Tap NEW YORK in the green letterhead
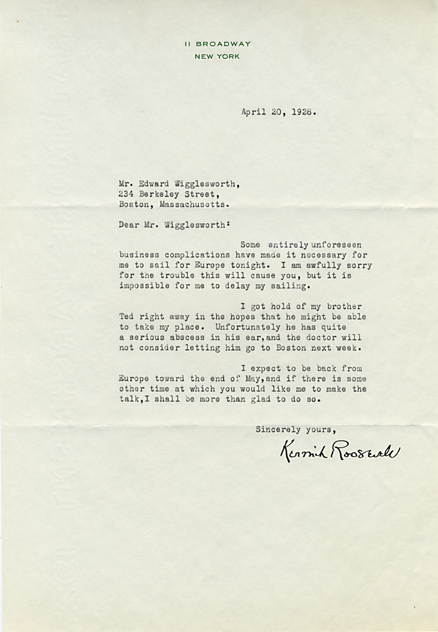point(216,56)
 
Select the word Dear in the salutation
point(129,223)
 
